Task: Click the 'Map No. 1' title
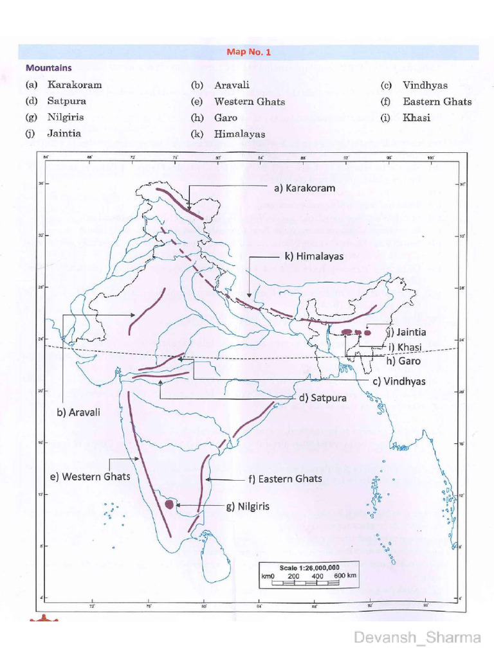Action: tap(248, 52)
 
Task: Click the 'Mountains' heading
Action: tap(48, 67)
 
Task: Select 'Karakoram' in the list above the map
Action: tap(74, 85)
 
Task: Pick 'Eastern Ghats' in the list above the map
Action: tap(437, 102)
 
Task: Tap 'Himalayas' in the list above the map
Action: tap(239, 134)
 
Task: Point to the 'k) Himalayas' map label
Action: tap(313, 256)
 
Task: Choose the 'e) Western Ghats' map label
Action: tap(91, 476)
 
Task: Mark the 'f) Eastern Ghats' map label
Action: tap(284, 479)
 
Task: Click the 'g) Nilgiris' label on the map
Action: tap(247, 506)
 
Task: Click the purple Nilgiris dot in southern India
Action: tap(169, 504)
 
